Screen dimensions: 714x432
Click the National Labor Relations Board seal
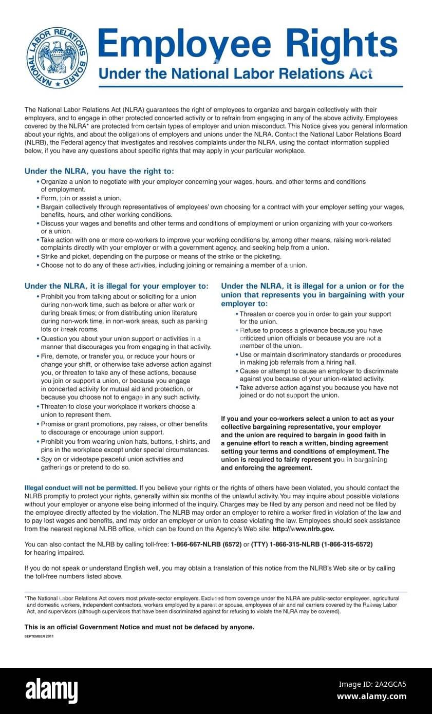pos(57,58)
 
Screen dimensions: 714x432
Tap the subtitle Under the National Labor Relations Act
pos(235,73)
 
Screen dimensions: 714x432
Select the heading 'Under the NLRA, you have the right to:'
pos(99,171)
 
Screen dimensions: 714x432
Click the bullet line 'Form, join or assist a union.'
pos(81,198)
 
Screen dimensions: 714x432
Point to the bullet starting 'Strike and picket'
pos(161,256)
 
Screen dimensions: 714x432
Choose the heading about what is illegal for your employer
pos(117,286)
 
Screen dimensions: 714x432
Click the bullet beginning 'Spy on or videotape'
pos(111,463)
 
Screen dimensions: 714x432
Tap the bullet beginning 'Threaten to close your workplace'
pos(118,410)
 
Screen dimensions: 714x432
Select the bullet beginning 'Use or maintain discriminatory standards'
pos(320,359)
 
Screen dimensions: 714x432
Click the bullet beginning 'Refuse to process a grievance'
pos(310,339)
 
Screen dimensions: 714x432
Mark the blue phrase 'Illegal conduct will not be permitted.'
pos(81,487)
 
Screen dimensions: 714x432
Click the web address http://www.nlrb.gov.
pos(303,529)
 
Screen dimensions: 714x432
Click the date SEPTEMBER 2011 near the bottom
pos(39,636)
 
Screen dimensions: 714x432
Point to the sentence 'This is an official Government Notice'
pos(139,627)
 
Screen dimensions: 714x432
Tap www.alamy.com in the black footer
pos(371,697)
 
